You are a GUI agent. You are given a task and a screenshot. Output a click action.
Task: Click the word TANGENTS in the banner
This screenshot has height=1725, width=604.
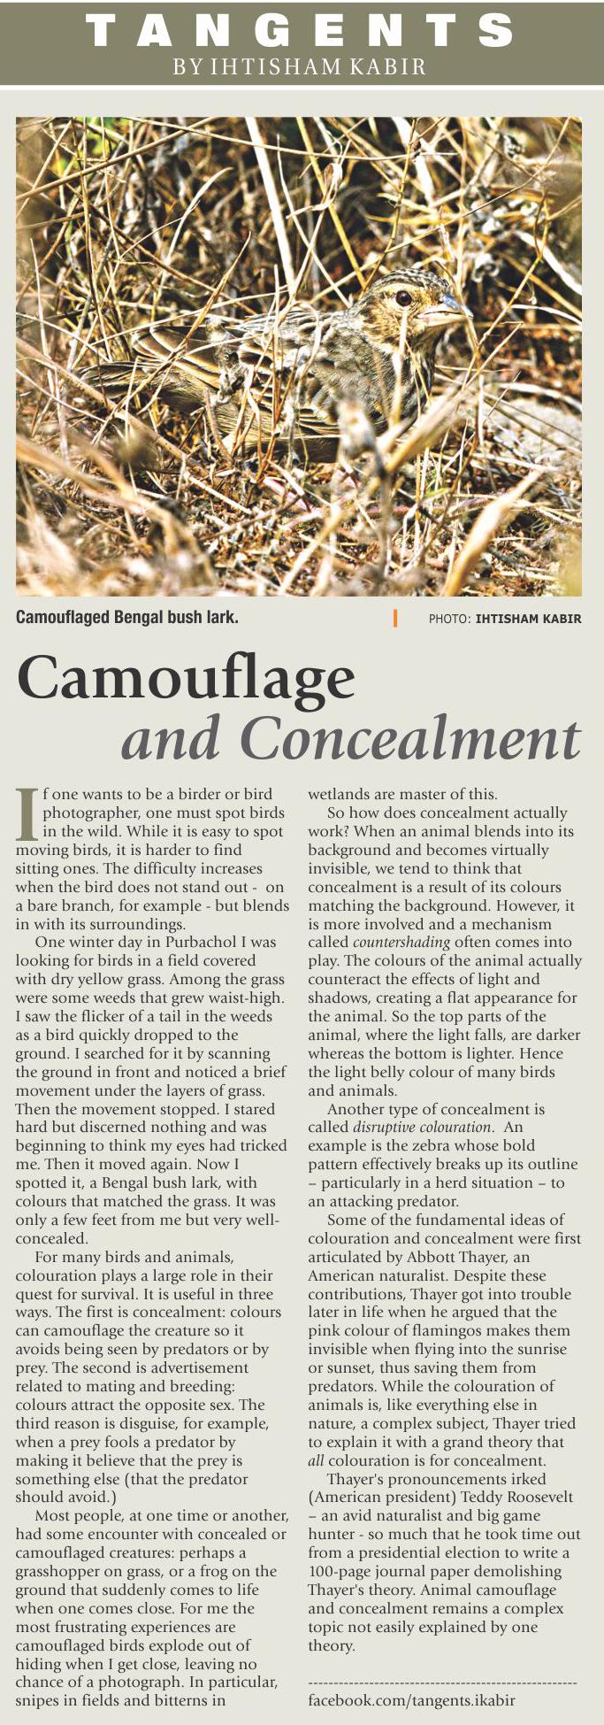(x=300, y=31)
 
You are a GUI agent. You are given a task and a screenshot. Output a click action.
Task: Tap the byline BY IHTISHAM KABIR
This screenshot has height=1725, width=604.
(x=300, y=66)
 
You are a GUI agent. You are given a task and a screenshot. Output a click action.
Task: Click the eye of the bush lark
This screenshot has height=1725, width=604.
(x=402, y=297)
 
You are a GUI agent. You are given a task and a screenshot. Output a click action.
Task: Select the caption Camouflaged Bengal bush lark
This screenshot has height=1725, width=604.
(x=126, y=617)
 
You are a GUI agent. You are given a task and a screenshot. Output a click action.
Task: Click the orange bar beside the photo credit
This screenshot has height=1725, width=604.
(x=395, y=618)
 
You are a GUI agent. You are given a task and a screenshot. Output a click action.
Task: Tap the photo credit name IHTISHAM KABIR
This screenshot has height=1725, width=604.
(x=528, y=619)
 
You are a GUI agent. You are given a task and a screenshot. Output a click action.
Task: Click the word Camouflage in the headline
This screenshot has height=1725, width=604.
(x=186, y=678)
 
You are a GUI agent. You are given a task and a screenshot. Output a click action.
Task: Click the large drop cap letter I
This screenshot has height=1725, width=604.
(x=27, y=812)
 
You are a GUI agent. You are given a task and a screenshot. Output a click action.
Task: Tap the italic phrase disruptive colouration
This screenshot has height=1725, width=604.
(x=421, y=1127)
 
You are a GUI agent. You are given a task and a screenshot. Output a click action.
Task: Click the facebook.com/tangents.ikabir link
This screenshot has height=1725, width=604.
(x=411, y=1700)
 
